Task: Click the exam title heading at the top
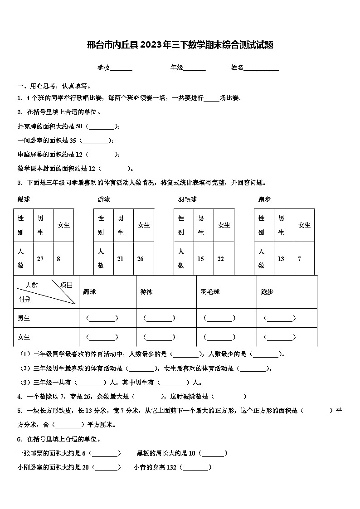click(x=180, y=45)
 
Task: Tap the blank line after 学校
click(x=121, y=68)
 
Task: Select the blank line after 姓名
click(x=262, y=68)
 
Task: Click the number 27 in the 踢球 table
click(x=40, y=259)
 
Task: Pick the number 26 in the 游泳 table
click(x=140, y=259)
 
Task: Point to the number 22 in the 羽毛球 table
click(x=221, y=259)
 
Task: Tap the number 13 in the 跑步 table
click(x=281, y=259)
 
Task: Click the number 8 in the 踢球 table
click(x=58, y=259)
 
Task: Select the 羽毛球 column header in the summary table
click(x=210, y=292)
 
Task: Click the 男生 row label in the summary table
click(x=24, y=318)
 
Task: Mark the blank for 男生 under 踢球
click(x=102, y=318)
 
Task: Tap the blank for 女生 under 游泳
click(x=159, y=337)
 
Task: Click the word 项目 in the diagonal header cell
click(x=66, y=285)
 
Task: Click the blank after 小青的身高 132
click(x=196, y=467)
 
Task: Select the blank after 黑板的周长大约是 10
click(x=213, y=453)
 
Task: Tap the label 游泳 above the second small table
click(x=104, y=199)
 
